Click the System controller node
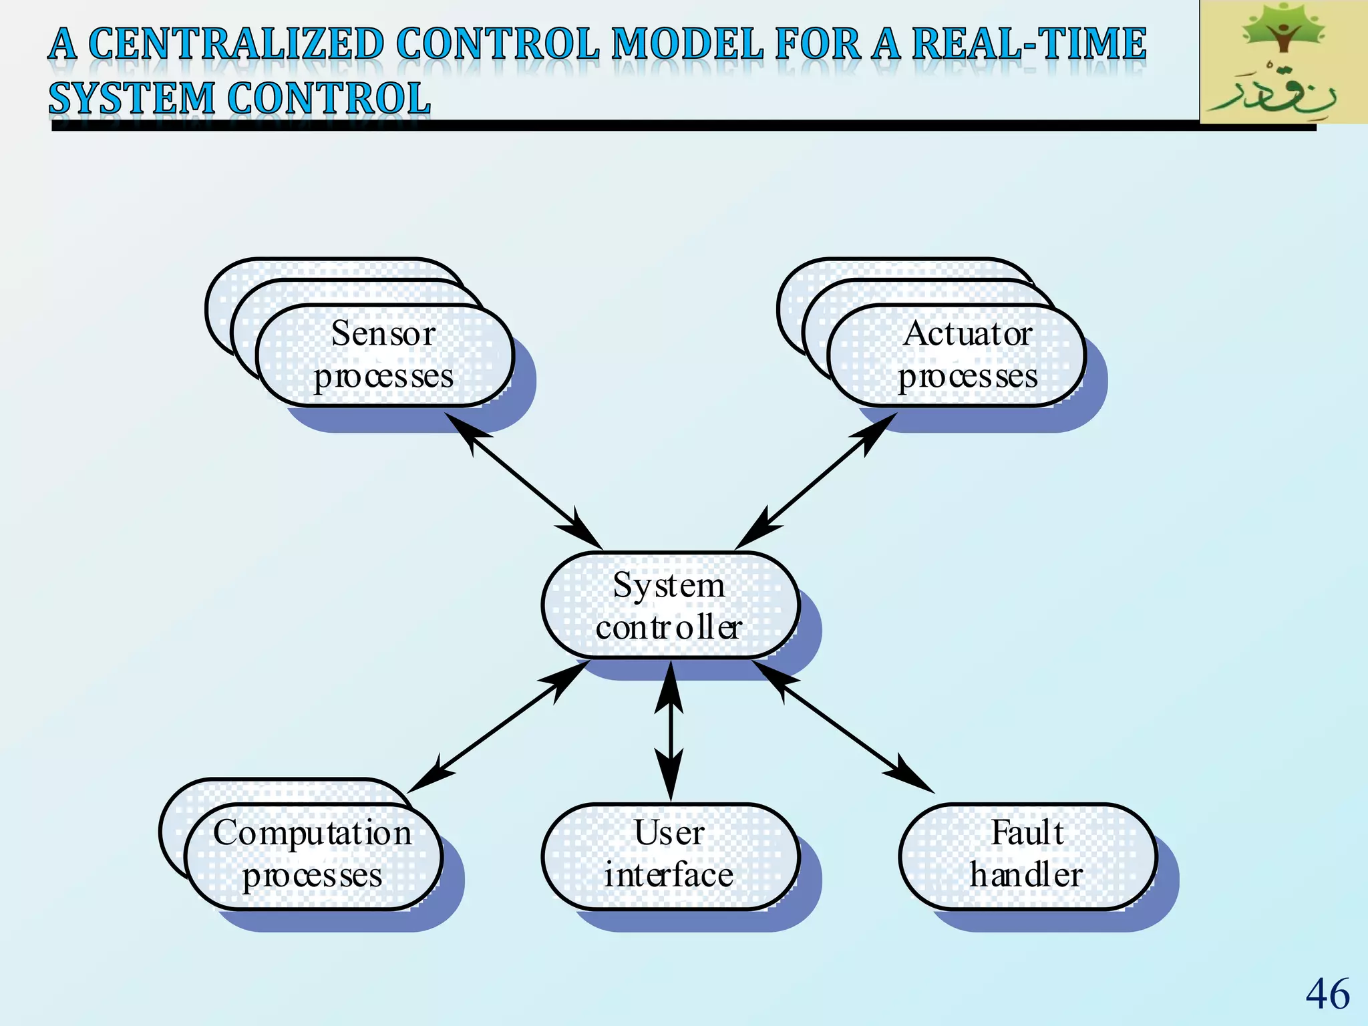point(670,605)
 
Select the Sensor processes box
point(384,355)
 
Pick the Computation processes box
point(313,856)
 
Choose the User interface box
point(670,856)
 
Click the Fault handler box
point(1027,856)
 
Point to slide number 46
point(1327,994)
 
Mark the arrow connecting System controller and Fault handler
point(843,726)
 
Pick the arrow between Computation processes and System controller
point(498,727)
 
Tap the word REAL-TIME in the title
point(1029,44)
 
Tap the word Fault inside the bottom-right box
point(1027,833)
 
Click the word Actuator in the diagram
point(967,333)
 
